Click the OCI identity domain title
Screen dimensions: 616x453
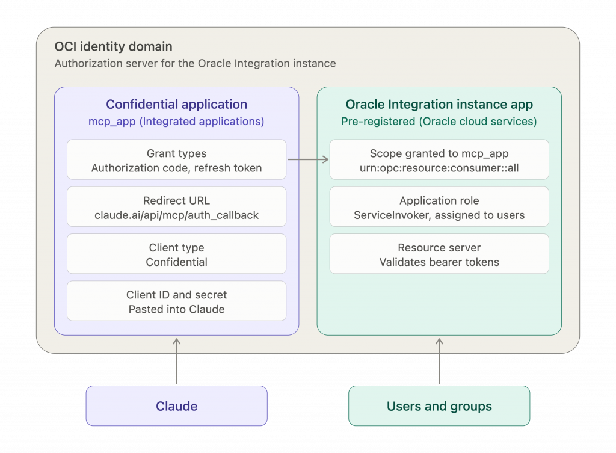[x=114, y=46]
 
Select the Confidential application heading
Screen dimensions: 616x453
[x=177, y=105]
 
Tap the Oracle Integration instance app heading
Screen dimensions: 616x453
[x=439, y=105]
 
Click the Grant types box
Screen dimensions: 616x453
[x=177, y=159]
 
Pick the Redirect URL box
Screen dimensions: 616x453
[x=177, y=207]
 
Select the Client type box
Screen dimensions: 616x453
[x=177, y=254]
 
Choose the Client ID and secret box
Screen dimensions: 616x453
[x=177, y=301]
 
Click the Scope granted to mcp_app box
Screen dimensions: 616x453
[x=439, y=159]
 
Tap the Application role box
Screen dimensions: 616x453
[x=439, y=207]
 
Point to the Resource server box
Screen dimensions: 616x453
[x=439, y=254]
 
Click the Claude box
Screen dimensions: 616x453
[x=177, y=406]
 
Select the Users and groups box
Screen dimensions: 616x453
[x=439, y=406]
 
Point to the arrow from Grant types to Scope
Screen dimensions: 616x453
[x=309, y=159]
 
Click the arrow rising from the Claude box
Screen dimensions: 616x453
[x=177, y=361]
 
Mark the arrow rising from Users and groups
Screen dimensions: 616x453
[x=439, y=361]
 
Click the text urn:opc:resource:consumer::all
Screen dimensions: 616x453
[x=439, y=168]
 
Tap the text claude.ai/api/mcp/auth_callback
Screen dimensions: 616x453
[x=177, y=215]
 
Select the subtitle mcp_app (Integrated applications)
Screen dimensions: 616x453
[x=176, y=122]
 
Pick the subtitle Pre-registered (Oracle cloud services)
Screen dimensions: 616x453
[x=439, y=122]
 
